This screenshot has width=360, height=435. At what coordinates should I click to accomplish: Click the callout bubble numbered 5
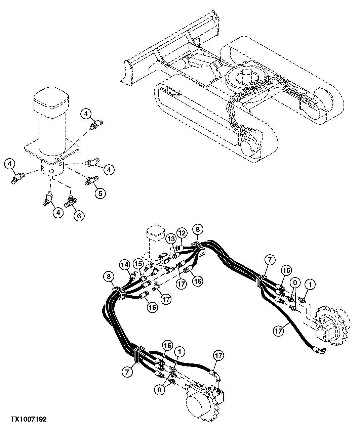(100, 193)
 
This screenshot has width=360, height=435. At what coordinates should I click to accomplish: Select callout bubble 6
(79, 215)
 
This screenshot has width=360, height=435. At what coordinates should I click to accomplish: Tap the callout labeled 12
(182, 232)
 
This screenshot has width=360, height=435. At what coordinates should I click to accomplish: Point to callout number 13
(170, 238)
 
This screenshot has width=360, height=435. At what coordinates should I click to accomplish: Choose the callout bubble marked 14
(125, 265)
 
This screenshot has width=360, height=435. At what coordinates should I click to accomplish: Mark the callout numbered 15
(138, 264)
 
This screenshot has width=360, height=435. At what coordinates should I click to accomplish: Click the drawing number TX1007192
(28, 419)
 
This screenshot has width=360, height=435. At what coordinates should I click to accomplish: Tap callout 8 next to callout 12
(197, 229)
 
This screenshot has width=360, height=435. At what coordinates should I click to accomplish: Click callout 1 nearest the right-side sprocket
(310, 285)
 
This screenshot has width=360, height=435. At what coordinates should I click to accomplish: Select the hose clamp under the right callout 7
(261, 281)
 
